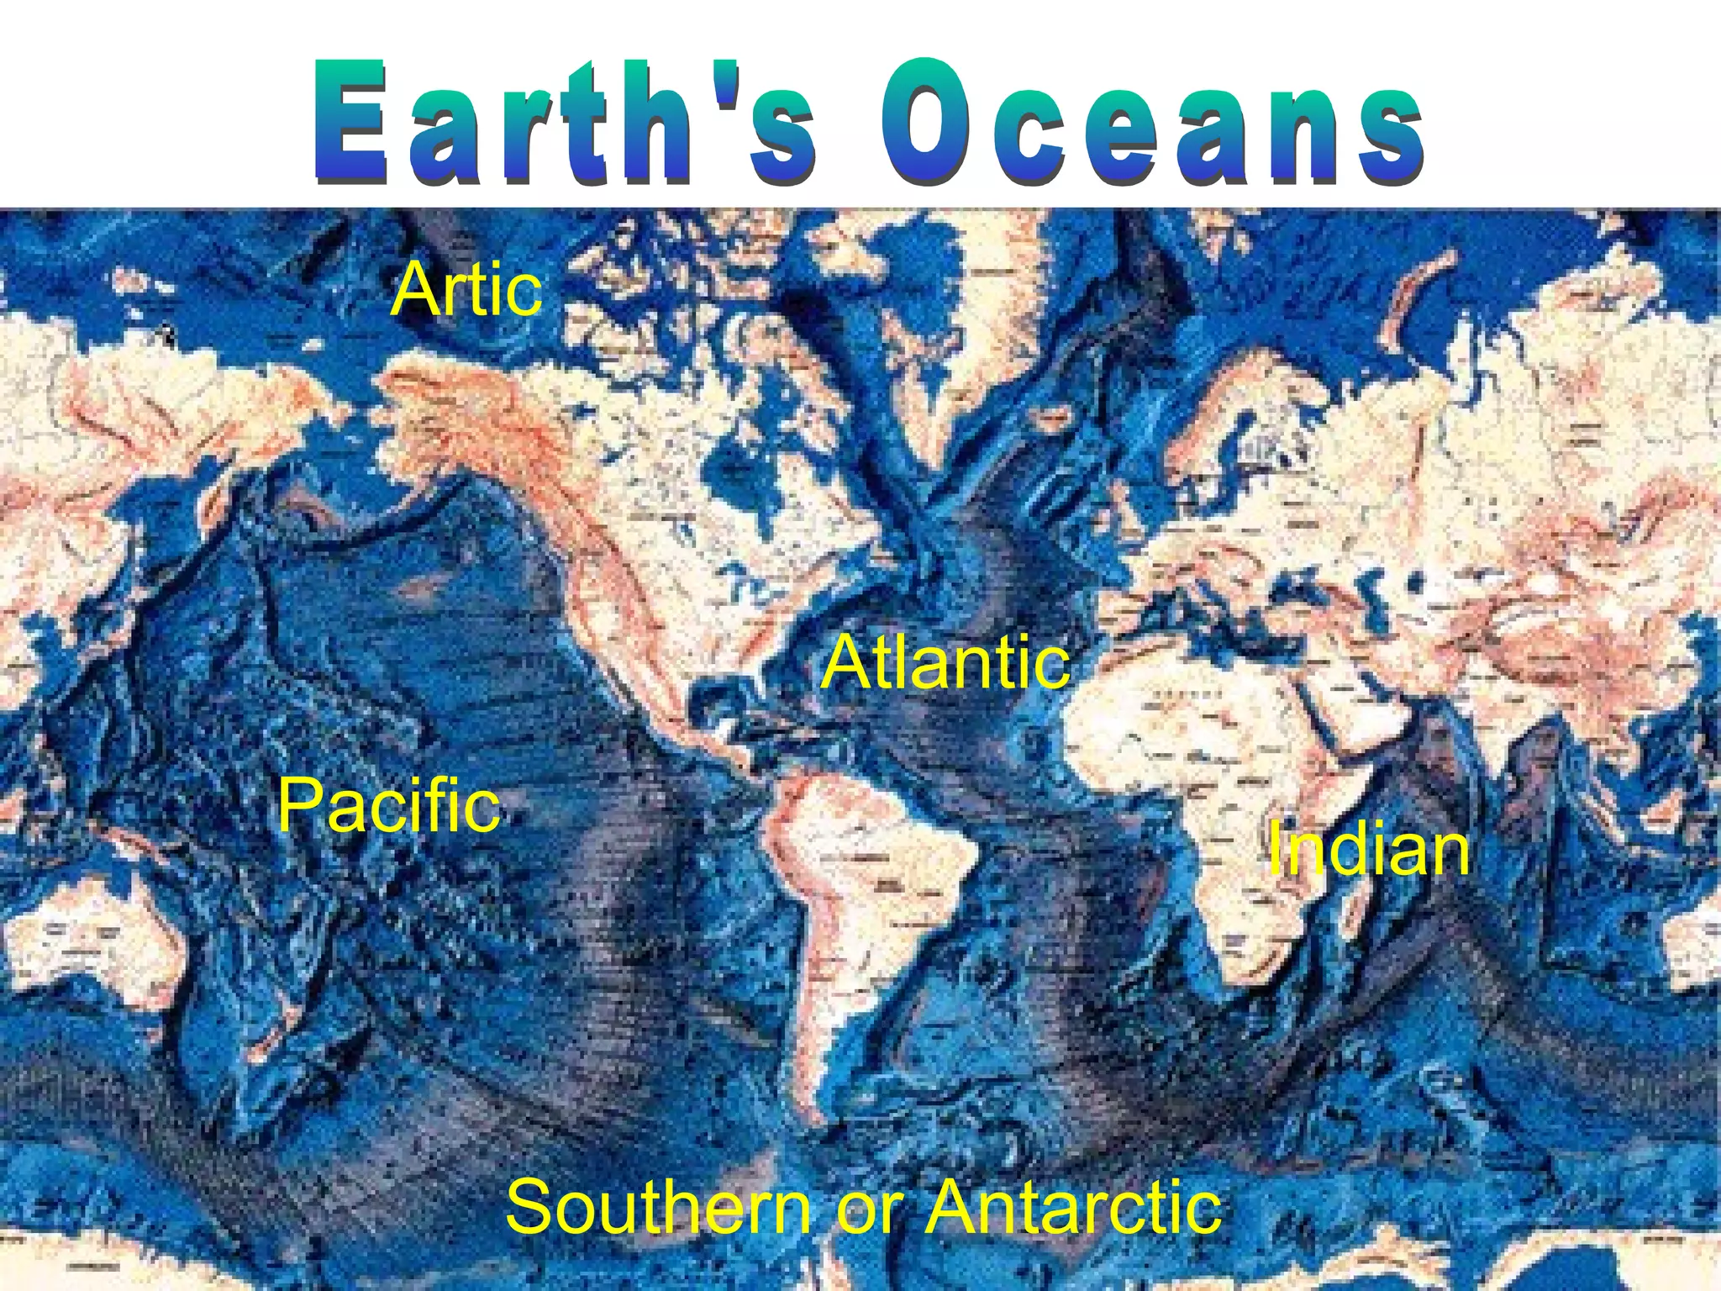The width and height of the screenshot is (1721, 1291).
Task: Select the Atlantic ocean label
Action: point(946,662)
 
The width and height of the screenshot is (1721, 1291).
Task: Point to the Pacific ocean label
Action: point(389,805)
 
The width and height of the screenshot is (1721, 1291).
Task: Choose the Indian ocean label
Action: point(1369,848)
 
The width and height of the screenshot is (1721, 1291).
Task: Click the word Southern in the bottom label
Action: point(660,1206)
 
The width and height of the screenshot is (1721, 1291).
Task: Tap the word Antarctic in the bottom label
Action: point(1075,1206)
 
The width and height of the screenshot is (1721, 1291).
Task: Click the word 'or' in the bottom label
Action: point(869,1210)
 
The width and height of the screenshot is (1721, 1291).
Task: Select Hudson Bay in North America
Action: point(739,471)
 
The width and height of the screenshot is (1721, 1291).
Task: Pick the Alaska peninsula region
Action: point(437,403)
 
